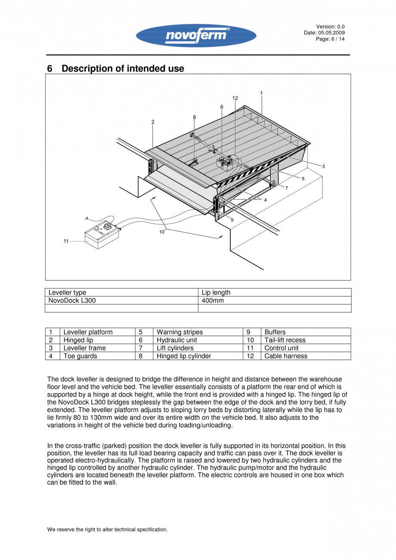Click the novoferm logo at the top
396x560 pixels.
(x=196, y=35)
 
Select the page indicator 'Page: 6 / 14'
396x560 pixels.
(x=330, y=39)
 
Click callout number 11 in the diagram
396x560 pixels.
(x=66, y=241)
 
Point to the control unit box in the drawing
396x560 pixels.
(x=102, y=235)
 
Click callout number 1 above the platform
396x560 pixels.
(x=261, y=93)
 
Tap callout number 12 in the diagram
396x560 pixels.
(x=235, y=98)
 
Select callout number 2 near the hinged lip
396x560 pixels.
(x=153, y=122)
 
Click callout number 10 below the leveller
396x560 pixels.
(x=162, y=232)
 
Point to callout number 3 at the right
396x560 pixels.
(x=323, y=166)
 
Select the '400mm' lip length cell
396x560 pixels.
(x=213, y=300)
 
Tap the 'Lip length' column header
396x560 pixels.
(x=216, y=292)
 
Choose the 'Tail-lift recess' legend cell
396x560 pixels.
(x=285, y=340)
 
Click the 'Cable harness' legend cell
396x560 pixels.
(x=286, y=356)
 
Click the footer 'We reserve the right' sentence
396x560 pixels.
(x=107, y=529)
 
